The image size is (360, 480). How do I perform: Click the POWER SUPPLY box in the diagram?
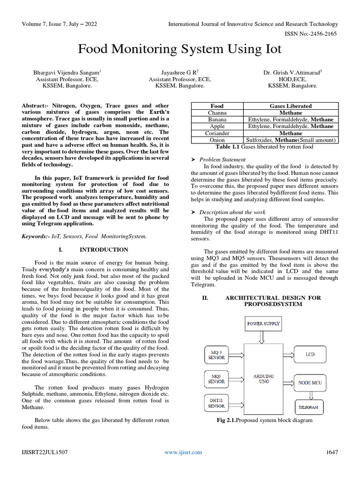click(x=263, y=323)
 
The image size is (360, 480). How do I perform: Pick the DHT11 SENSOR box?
click(x=217, y=404)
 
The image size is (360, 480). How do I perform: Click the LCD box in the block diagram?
click(x=310, y=354)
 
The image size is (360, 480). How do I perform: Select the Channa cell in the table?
click(x=217, y=113)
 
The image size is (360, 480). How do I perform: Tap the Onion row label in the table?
click(x=217, y=140)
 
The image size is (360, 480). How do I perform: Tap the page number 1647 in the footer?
click(x=331, y=452)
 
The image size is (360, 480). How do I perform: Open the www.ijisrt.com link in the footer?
click(x=183, y=452)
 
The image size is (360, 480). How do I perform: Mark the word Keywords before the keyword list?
click(x=36, y=236)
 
